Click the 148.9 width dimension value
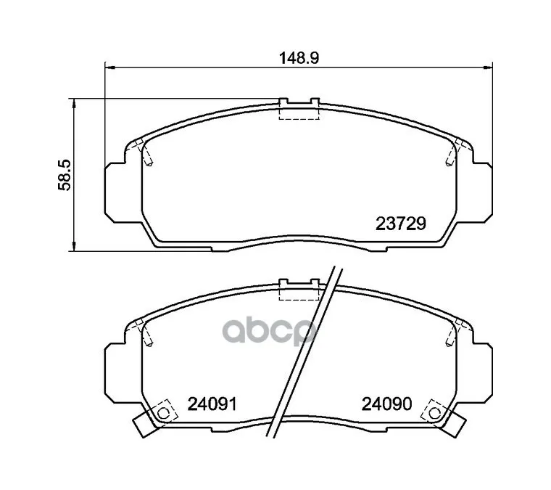pyautogui.click(x=299, y=57)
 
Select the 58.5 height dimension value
pyautogui.click(x=65, y=175)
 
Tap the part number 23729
pyautogui.click(x=401, y=224)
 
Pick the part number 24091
pyautogui.click(x=212, y=404)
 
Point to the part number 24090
pyautogui.click(x=386, y=404)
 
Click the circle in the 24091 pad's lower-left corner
pyautogui.click(x=162, y=412)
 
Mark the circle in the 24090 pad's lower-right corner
pyautogui.click(x=435, y=412)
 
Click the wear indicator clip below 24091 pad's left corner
pyautogui.click(x=145, y=424)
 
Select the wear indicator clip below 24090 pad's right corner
pyautogui.click(x=453, y=424)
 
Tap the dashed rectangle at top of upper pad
pyautogui.click(x=299, y=113)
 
